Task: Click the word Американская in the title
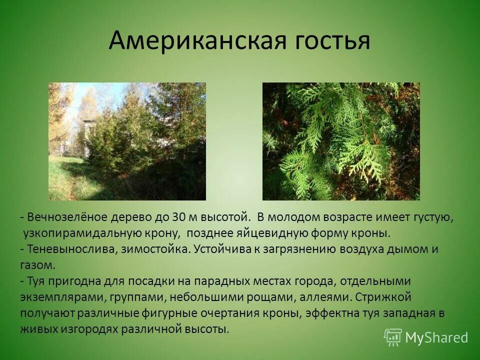point(196,41)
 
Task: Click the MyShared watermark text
point(436,338)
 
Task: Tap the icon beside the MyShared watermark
point(392,337)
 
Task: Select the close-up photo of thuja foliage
point(341,141)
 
